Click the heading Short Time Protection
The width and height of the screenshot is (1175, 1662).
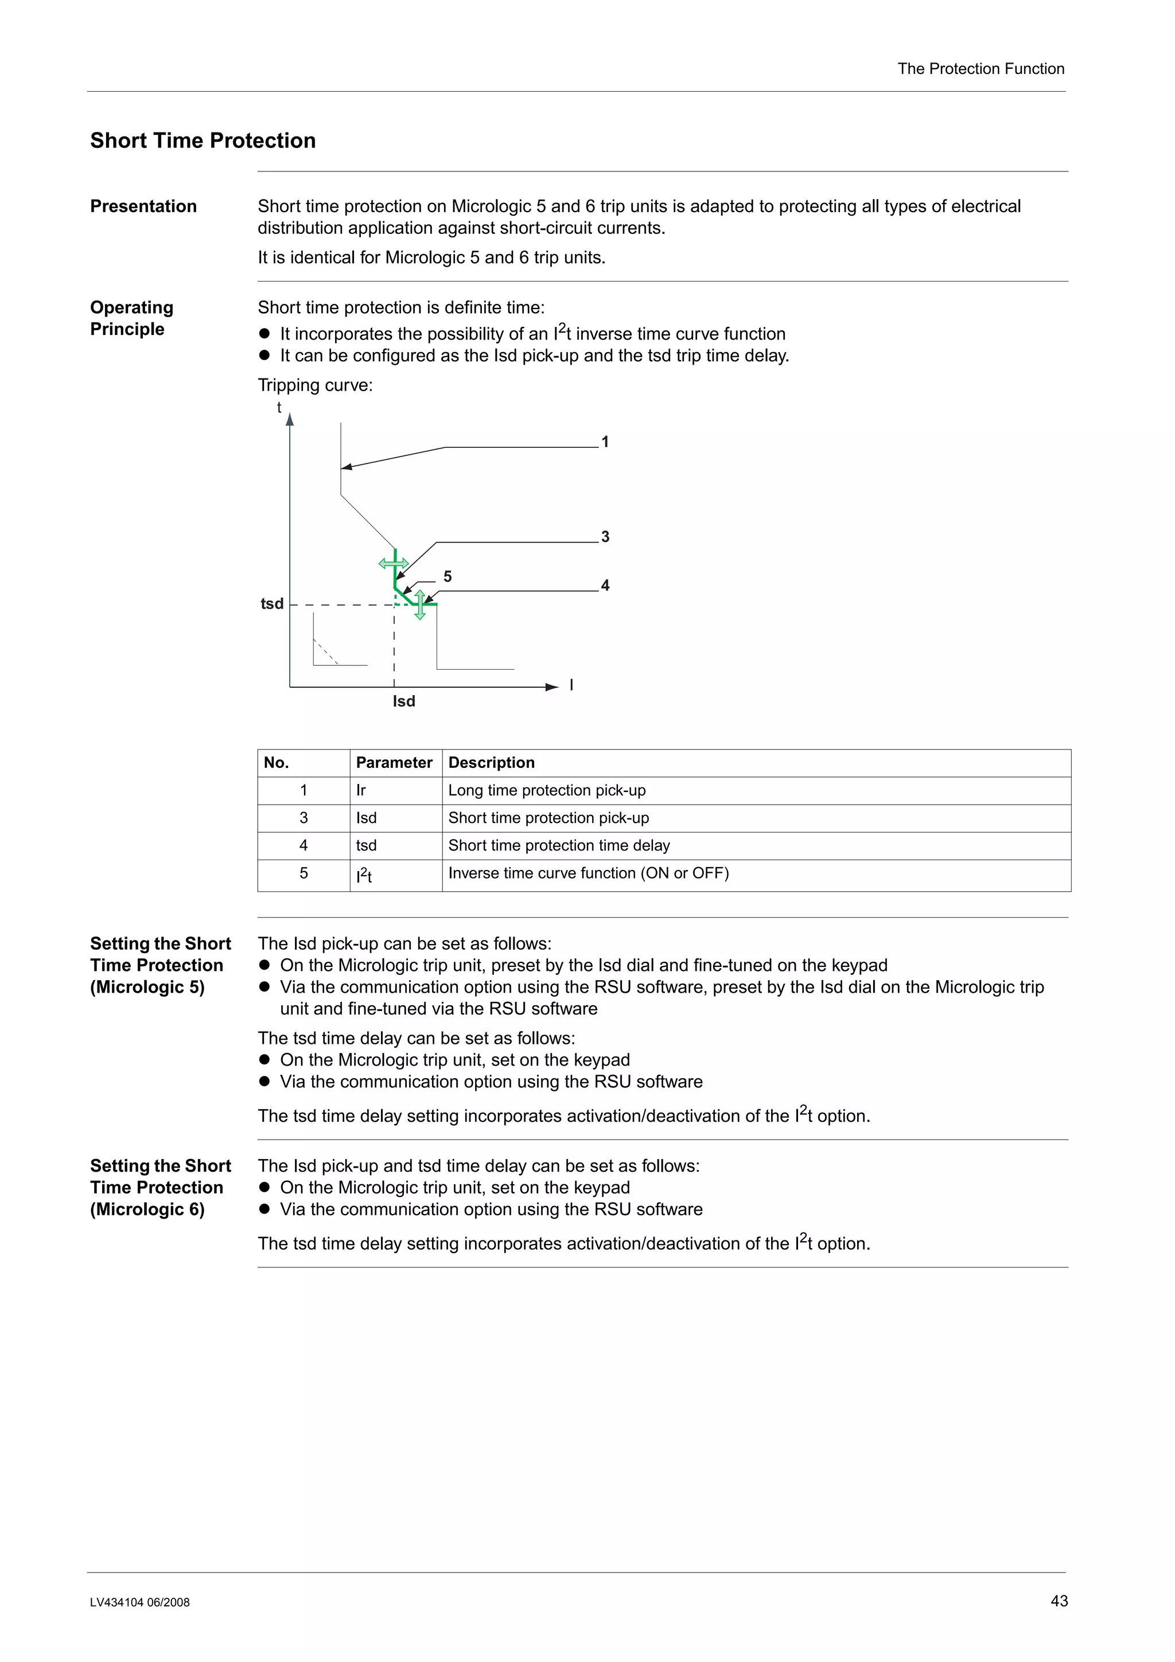tap(203, 141)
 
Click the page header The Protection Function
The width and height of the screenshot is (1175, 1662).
tap(981, 69)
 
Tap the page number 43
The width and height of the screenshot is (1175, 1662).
tap(1059, 1601)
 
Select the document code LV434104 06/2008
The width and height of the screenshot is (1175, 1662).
tap(140, 1602)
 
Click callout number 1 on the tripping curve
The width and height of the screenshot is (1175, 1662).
tap(605, 442)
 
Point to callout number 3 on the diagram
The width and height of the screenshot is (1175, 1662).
tap(605, 536)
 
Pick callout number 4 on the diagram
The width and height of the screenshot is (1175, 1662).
tap(605, 585)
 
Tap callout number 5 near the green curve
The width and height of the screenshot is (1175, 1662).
tap(448, 576)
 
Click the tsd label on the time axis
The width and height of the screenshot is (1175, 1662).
tap(272, 604)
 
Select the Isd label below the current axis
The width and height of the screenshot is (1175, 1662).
tap(404, 701)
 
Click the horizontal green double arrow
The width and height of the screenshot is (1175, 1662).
tap(393, 563)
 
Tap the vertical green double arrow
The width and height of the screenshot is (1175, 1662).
tap(420, 605)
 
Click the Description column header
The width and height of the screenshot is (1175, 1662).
tap(491, 762)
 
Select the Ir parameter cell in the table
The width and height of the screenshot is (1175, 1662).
tap(361, 790)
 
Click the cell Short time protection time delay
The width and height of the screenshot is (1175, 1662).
tap(559, 845)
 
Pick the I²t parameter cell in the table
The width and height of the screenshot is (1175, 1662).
tap(364, 875)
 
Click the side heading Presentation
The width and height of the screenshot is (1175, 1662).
tap(143, 206)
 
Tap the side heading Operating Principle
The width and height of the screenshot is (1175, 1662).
tap(132, 318)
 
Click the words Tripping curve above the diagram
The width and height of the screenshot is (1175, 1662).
tap(315, 385)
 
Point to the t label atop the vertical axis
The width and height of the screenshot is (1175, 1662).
tap(279, 408)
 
